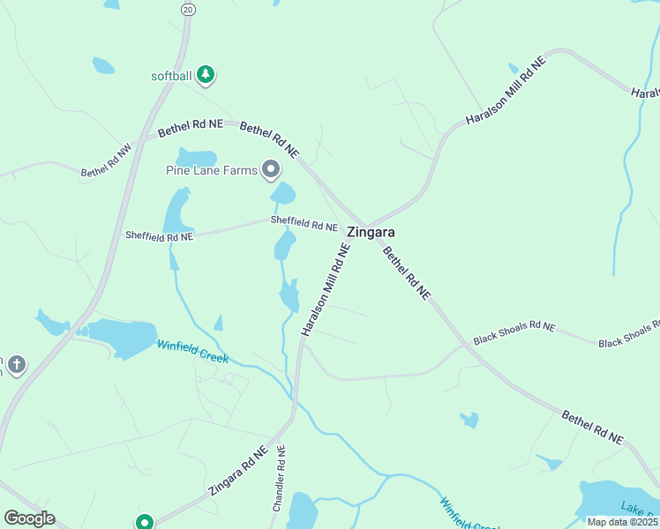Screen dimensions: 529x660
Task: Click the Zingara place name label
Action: tap(371, 233)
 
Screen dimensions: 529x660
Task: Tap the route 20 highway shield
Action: tap(187, 9)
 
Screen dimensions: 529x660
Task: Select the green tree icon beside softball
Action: tap(206, 75)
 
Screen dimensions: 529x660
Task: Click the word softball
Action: tap(171, 76)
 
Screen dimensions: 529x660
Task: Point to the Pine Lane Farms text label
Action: tap(212, 170)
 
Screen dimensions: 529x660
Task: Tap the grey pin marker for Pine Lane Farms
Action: tap(271, 169)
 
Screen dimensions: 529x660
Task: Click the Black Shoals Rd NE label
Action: tap(514, 332)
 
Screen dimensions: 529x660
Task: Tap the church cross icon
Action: tap(17, 364)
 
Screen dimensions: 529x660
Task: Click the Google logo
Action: tap(29, 518)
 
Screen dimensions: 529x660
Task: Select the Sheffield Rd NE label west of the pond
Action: tap(159, 235)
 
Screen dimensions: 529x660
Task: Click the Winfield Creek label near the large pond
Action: tap(192, 352)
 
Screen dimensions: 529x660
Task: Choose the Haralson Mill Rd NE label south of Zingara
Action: tap(326, 289)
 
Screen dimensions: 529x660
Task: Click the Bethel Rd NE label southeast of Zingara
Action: tap(406, 273)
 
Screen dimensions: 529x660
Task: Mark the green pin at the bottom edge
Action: tap(145, 522)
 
